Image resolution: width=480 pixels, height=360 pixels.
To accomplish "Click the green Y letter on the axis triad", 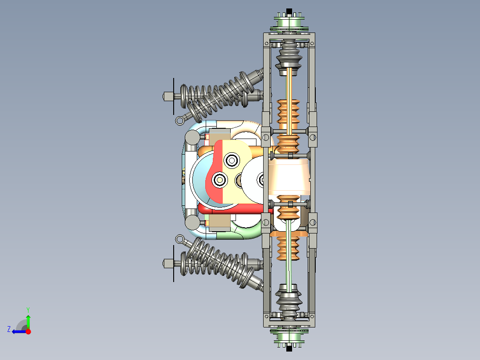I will (28, 309).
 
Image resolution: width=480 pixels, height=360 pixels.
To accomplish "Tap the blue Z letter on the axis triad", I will (9, 329).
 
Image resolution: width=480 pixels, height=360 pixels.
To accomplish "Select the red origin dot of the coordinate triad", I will (28, 331).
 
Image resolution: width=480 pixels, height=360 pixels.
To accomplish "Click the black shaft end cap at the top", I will (289, 11).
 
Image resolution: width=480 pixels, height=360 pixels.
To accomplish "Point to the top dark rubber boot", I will (289, 56).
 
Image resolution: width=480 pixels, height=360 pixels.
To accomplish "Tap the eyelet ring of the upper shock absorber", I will (180, 119).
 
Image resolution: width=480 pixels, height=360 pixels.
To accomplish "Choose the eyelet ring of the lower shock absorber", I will (180, 240).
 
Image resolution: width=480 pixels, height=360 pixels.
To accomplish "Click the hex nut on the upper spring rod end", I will (168, 96).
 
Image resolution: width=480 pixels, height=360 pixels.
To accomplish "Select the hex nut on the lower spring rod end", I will (168, 263).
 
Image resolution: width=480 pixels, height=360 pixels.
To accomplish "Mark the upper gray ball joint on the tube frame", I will (192, 138).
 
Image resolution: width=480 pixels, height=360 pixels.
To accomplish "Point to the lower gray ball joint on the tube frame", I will (192, 221).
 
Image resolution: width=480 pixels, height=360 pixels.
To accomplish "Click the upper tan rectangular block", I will (219, 135).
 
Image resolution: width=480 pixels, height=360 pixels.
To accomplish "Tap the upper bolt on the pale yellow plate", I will (232, 160).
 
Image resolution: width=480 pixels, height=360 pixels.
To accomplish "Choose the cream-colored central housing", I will (289, 178).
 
